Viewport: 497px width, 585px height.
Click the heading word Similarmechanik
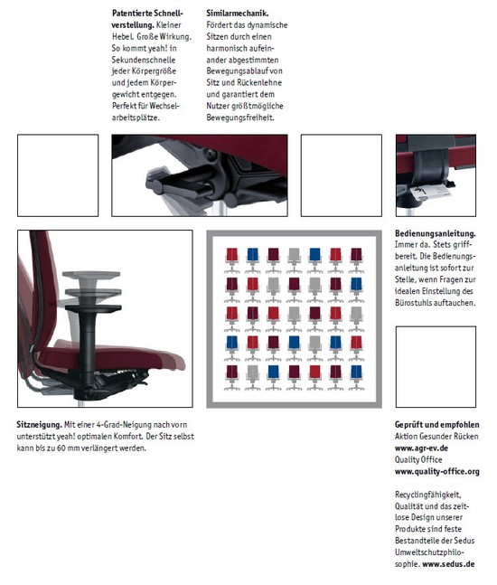pos(238,13)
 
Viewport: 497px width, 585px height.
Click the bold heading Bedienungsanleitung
pos(436,233)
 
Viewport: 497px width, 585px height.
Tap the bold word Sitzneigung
pos(39,425)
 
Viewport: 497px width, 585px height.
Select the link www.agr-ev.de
pos(421,448)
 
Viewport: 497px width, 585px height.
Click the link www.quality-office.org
pos(437,471)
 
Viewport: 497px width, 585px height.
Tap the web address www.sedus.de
pos(448,563)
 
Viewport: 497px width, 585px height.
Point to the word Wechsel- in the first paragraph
pos(164,106)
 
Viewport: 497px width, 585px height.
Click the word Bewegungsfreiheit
pos(240,118)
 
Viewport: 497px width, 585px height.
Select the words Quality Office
pos(418,459)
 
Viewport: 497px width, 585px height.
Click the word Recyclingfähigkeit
pos(428,495)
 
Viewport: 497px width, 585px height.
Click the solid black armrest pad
pos(93,308)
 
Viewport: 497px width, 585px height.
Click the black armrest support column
pos(87,351)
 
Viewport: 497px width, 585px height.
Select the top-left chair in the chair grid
pos(232,259)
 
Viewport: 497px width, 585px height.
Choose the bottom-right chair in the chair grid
pos(356,378)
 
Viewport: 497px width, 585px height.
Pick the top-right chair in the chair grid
pos(356,259)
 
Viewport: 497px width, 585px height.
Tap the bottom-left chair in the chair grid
pos(232,378)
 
